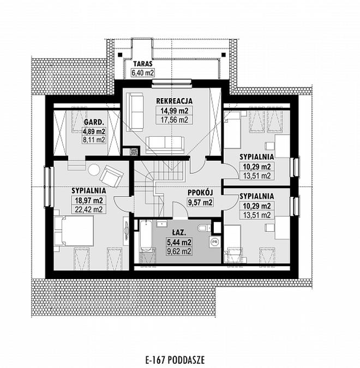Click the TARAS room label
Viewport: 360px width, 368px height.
pyautogui.click(x=143, y=64)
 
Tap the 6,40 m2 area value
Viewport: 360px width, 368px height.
pyautogui.click(x=143, y=73)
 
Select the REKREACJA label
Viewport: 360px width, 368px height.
pyautogui.click(x=174, y=101)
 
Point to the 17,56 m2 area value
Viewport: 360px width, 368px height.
pyautogui.click(x=174, y=120)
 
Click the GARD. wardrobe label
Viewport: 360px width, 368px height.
pyautogui.click(x=94, y=122)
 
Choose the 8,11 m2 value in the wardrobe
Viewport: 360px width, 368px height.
pyautogui.click(x=94, y=140)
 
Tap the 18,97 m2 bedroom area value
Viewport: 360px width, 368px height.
pyautogui.click(x=89, y=201)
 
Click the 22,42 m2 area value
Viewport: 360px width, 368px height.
pyautogui.click(x=89, y=209)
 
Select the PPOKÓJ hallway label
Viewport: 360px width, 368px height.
pyautogui.click(x=200, y=192)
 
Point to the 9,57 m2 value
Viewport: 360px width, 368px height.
pyautogui.click(x=200, y=202)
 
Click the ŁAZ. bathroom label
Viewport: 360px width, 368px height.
pyautogui.click(x=179, y=233)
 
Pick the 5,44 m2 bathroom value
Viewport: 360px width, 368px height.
pyautogui.click(x=179, y=242)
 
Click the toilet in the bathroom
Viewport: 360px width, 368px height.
pyautogui.click(x=204, y=227)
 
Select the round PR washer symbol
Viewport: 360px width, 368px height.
pyautogui.click(x=214, y=242)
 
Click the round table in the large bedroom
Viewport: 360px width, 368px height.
pyautogui.click(x=94, y=170)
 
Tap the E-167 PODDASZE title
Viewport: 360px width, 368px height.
pyautogui.click(x=175, y=360)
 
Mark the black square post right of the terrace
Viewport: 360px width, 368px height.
pyautogui.click(x=224, y=55)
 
